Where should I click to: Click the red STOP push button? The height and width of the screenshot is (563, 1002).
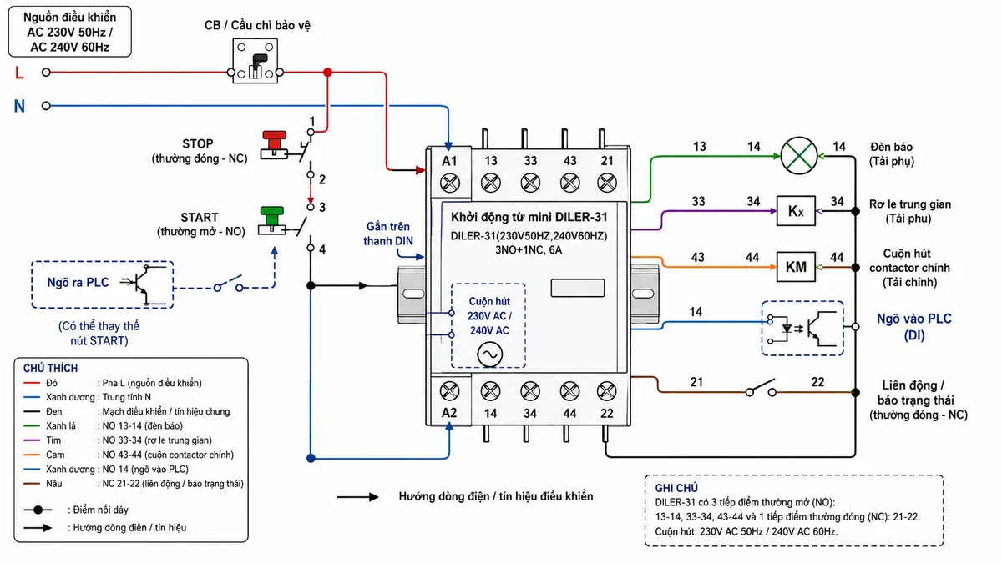tap(274, 145)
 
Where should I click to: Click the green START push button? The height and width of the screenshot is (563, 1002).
tap(272, 221)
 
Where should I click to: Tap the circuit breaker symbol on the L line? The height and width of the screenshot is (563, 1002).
tap(255, 61)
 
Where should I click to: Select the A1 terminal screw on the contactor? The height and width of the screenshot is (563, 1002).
tap(449, 183)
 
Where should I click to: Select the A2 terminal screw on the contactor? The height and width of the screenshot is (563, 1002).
tap(449, 391)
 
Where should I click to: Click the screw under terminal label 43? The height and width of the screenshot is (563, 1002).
tap(569, 183)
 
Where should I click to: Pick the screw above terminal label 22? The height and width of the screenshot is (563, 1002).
tap(606, 391)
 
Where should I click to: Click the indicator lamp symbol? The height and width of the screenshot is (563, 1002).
tap(799, 156)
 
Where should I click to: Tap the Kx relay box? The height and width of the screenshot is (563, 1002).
tap(796, 210)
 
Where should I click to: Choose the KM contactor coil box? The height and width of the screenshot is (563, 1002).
tap(796, 267)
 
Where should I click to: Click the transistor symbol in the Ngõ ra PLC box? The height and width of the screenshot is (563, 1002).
tap(143, 284)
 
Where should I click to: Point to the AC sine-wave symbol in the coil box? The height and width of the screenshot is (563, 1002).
tap(490, 354)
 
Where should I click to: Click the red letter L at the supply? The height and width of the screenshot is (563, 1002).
tap(19, 73)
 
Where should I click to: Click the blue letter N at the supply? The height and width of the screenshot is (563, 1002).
tap(19, 107)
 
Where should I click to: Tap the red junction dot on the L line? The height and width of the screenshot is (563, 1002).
tap(328, 72)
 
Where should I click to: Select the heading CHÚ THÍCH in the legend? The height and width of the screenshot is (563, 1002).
tap(51, 368)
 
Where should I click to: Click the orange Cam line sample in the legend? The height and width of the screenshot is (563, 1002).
tap(32, 455)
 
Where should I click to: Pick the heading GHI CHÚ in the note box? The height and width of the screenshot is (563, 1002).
tap(676, 488)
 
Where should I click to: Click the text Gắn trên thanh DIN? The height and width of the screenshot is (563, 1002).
tap(388, 234)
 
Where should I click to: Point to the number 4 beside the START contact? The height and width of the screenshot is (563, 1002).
tap(322, 249)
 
